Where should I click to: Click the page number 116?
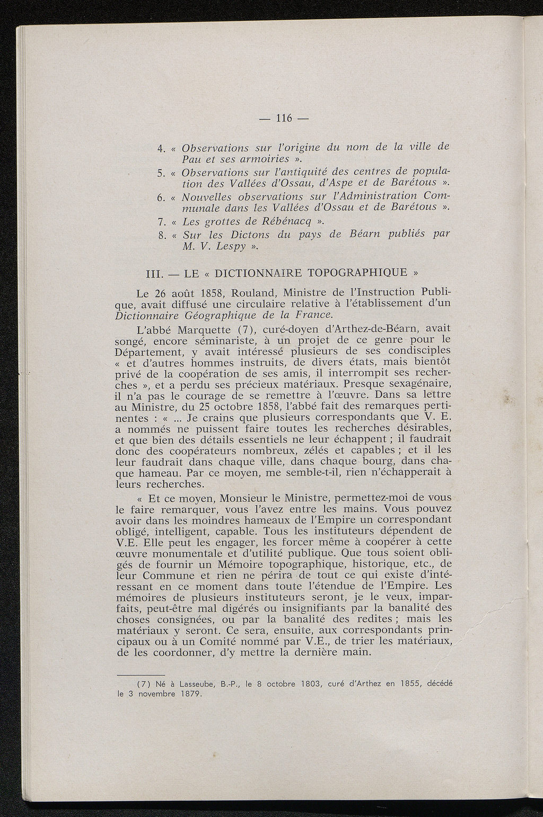tap(284, 118)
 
